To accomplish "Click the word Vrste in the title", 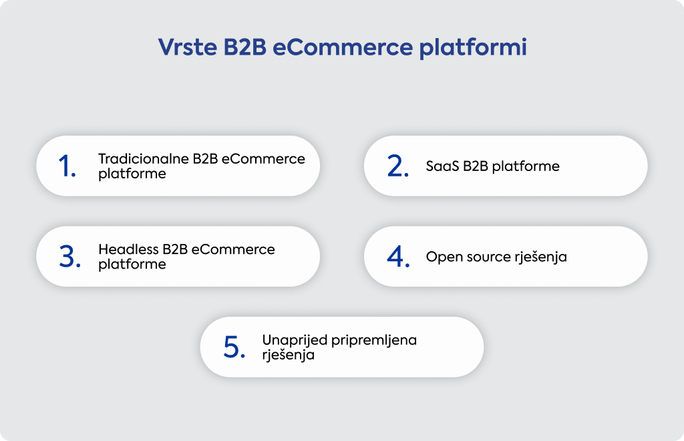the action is [188, 47].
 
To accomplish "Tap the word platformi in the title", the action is [473, 47].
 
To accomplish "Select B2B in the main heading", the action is [244, 47].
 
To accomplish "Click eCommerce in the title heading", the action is [343, 47].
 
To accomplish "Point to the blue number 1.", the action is [67, 166].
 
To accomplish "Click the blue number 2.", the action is [398, 166].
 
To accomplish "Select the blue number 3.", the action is [69, 257].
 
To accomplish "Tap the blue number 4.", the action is [398, 257].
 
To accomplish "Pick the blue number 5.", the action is [234, 347].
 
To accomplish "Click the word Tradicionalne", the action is [144, 159].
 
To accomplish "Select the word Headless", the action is [128, 249].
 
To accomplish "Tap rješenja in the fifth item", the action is [289, 355].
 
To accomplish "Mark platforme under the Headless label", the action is [132, 265].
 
